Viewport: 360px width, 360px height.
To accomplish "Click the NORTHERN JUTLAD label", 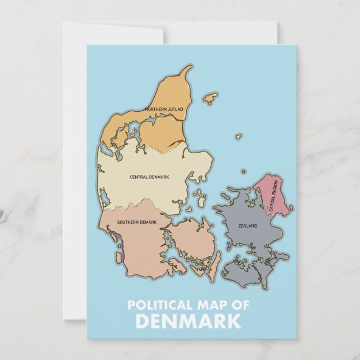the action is coord(164,109).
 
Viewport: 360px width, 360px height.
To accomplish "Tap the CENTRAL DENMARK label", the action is coord(149,177).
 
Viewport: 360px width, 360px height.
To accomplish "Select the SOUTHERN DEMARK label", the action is coord(136,222).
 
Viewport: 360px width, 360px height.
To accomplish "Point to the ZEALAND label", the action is coord(248,226).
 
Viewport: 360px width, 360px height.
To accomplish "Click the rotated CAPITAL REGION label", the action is coord(273,195).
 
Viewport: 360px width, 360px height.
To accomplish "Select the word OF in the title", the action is coord(241,305).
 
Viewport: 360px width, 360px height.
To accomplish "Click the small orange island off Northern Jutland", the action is coord(210,98).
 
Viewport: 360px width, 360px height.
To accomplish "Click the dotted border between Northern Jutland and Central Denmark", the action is coord(168,150).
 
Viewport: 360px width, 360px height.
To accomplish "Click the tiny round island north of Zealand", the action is coord(243,172).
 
